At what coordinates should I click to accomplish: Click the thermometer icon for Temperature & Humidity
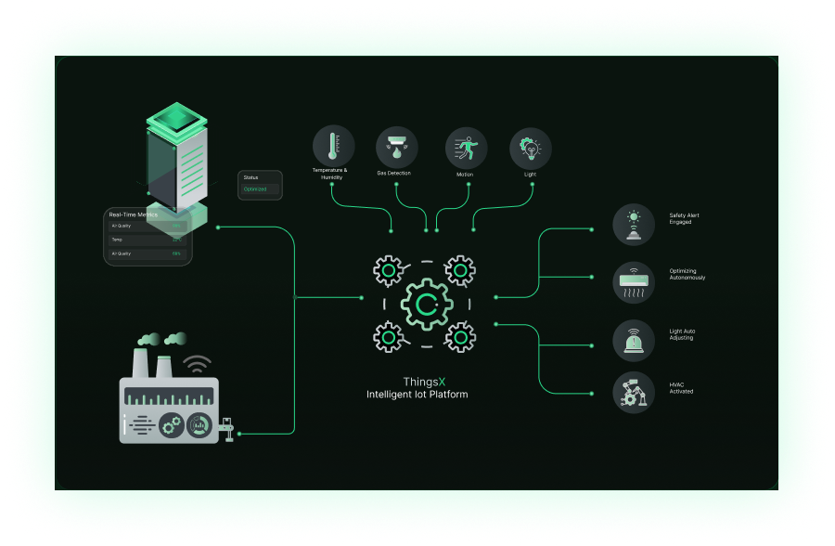(x=333, y=146)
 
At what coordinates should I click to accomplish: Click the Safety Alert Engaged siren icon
(x=634, y=225)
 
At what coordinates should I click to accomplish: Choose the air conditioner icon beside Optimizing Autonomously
(x=634, y=281)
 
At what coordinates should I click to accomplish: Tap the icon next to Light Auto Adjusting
(x=634, y=340)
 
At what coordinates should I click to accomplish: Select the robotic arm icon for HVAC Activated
(x=634, y=392)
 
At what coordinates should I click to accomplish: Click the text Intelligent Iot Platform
(x=417, y=395)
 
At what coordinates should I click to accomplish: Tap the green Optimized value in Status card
(x=255, y=189)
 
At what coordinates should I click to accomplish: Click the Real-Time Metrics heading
(x=133, y=214)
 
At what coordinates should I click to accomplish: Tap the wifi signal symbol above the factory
(x=197, y=362)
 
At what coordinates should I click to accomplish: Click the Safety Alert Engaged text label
(x=684, y=218)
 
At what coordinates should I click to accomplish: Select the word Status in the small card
(x=250, y=176)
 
